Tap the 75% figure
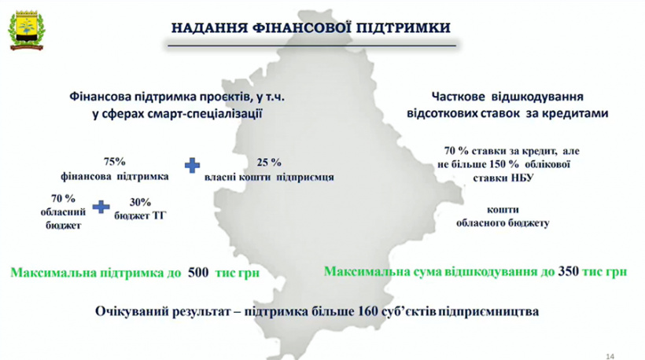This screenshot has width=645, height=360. [x=115, y=161]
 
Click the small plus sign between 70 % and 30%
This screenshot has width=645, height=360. [x=100, y=207]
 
